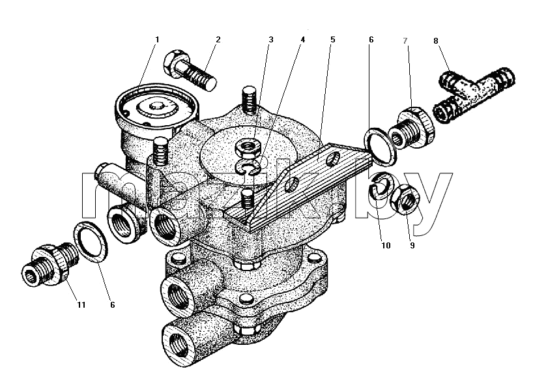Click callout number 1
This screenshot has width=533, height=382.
coord(157,40)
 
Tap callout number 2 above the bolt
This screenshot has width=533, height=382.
coord(218,40)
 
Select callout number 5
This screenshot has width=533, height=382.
coord(333,40)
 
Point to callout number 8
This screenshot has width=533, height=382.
coord(436,41)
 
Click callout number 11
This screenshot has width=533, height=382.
coord(81,305)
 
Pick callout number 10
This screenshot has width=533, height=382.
coord(386,246)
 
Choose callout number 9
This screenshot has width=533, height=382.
coord(412,246)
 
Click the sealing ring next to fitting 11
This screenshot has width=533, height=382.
coord(91,242)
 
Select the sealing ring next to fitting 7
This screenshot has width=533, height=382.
coord(381,147)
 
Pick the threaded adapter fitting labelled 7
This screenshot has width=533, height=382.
coord(411,128)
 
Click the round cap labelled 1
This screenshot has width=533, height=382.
coord(156,108)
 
